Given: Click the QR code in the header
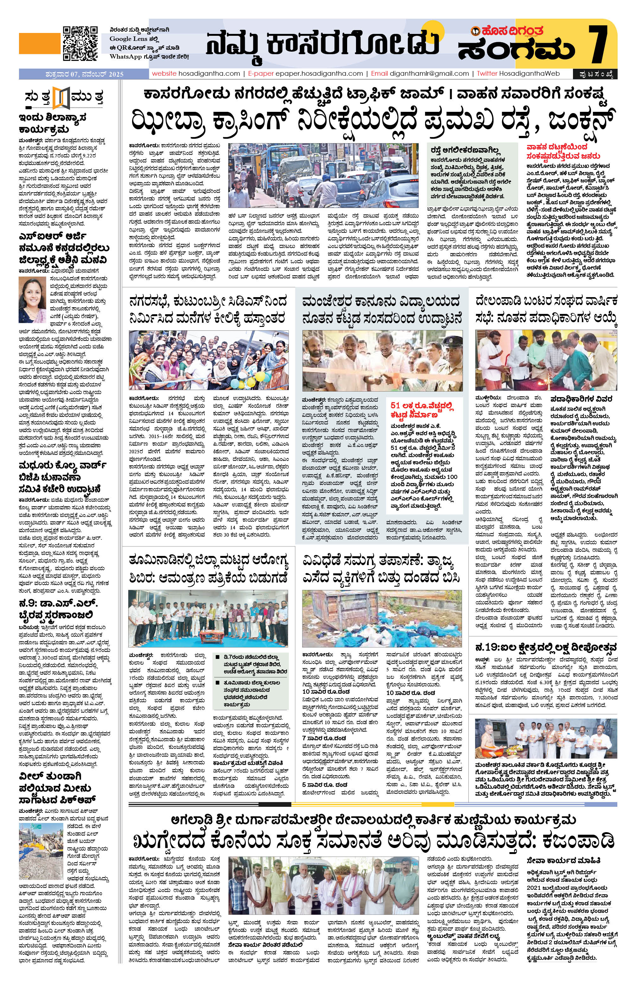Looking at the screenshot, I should (80, 43).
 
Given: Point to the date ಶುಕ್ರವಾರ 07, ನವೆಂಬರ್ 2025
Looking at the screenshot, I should (85, 74).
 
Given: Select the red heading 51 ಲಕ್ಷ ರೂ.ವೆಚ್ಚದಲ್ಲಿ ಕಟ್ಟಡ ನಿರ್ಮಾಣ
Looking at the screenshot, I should (422, 411).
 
